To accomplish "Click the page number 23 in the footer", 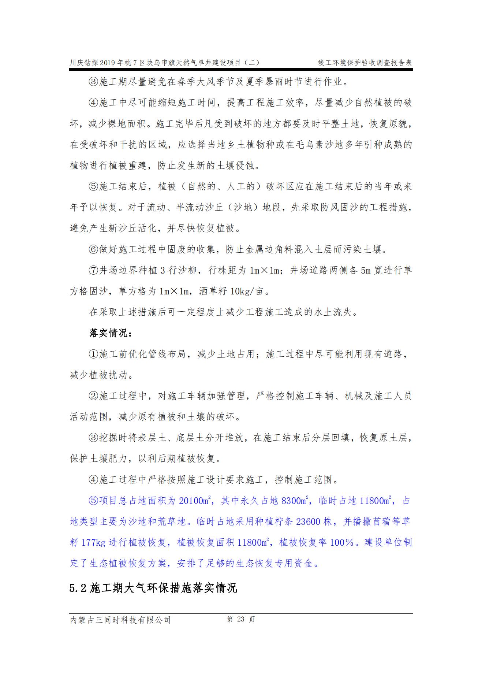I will coord(240,619).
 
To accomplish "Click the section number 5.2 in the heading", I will coord(78,588).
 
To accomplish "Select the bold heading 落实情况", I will coord(111,334).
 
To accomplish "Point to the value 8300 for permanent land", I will coord(291,501).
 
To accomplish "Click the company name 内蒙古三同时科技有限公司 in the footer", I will coord(120,620).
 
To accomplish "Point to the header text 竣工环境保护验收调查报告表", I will coord(365,63).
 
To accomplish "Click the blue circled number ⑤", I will coord(94,501).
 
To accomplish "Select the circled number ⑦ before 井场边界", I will coord(94,271).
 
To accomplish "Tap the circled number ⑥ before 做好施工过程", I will coord(94,250).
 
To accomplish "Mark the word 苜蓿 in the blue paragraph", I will coord(381,521).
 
